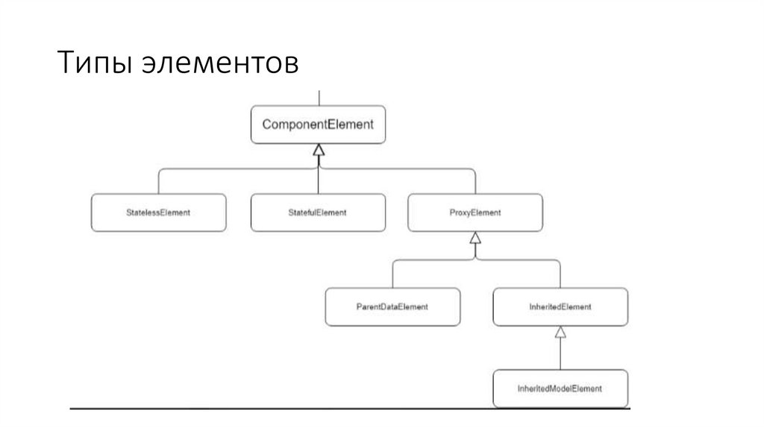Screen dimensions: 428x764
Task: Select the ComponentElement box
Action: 318,125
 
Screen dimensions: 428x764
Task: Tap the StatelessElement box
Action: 157,213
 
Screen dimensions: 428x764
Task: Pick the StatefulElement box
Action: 318,213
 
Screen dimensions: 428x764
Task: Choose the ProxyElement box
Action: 475,213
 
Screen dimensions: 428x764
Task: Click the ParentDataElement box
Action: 392,306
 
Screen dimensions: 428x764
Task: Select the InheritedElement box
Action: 560,306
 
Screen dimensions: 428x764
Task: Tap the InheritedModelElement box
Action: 560,388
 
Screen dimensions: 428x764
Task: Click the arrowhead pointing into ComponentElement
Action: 319,150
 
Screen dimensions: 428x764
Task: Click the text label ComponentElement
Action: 318,125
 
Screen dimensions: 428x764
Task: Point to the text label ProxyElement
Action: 475,213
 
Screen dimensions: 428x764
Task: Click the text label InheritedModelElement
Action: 560,388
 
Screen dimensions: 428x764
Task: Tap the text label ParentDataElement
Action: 392,306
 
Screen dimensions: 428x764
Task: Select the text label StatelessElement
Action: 157,213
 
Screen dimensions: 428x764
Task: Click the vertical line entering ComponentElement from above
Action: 319,98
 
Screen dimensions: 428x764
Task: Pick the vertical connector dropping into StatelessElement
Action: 158,182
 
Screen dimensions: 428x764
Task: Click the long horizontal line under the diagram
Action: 351,409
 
